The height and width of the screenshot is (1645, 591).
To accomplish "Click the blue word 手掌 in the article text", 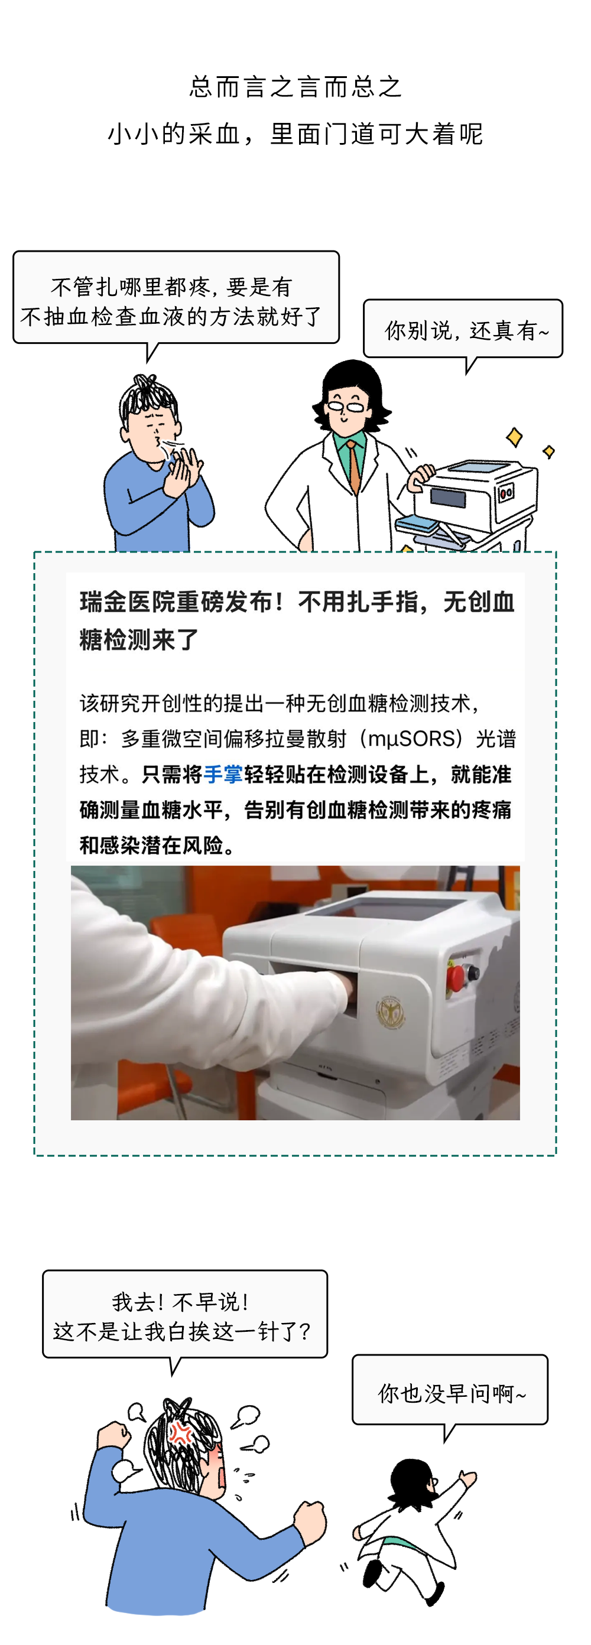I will click(223, 775).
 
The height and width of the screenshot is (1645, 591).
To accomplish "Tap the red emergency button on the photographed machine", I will click(456, 978).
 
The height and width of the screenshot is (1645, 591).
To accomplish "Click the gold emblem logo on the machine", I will click(389, 1012).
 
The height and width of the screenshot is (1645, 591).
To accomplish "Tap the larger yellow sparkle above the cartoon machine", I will click(514, 437).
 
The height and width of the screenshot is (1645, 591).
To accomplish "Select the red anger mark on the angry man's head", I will click(181, 1434).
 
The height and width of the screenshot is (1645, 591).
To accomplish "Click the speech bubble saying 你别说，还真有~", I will click(463, 330).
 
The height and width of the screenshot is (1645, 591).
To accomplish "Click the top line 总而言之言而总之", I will click(295, 87).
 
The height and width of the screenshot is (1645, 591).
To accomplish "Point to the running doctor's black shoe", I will click(372, 1571).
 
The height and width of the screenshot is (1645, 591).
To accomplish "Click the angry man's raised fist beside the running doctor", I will click(309, 1520).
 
